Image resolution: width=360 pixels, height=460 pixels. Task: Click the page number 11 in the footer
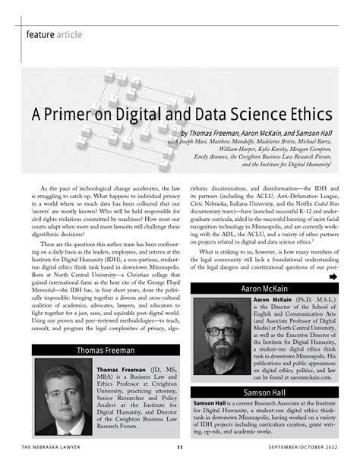179,446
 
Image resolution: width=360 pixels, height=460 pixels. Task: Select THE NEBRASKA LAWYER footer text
52,446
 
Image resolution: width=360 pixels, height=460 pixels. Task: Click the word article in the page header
82,34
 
